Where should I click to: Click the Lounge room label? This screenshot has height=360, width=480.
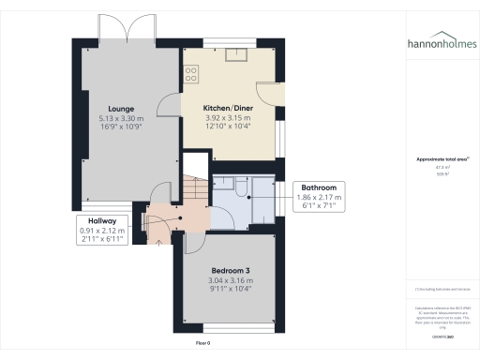tap(119, 109)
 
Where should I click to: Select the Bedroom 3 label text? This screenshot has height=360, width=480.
tap(230, 269)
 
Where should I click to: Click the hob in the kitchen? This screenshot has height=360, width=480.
tap(191, 72)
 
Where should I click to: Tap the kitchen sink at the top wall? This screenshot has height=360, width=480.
tap(231, 53)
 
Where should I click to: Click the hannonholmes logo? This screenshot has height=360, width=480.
tap(440, 43)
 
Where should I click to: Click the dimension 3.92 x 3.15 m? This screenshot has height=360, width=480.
tap(230, 119)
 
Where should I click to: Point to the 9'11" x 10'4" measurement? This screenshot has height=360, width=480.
tap(230, 290)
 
